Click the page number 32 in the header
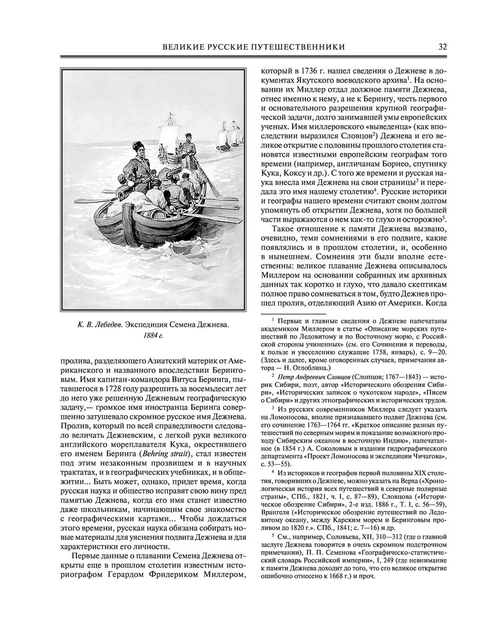[x=442, y=47]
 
